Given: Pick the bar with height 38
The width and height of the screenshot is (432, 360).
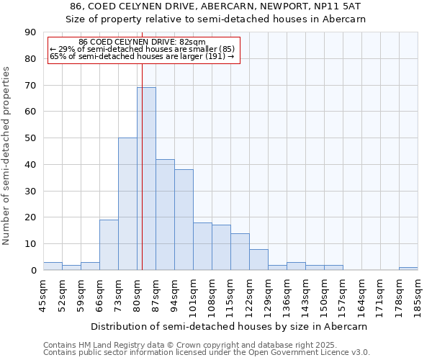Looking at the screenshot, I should pyautogui.click(x=184, y=220).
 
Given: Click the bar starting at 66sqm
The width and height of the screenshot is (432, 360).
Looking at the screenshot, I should pyautogui.click(x=109, y=245).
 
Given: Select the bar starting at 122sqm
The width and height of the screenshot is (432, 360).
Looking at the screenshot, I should pyautogui.click(x=258, y=259).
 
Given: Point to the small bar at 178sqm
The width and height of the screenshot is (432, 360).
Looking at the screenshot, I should pyautogui.click(x=408, y=269).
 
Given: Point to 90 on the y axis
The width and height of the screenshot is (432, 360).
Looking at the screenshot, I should pyautogui.click(x=30, y=32).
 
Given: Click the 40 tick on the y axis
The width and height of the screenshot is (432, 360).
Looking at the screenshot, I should pyautogui.click(x=30, y=165).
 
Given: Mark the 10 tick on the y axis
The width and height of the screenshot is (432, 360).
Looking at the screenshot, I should pyautogui.click(x=30, y=244).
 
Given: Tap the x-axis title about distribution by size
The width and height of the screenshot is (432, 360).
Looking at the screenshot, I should pyautogui.click(x=230, y=326).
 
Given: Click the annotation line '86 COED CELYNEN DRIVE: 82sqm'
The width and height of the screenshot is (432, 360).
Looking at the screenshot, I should pyautogui.click(x=142, y=42).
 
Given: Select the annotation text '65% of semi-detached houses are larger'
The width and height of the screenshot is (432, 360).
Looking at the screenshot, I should pyautogui.click(x=142, y=56).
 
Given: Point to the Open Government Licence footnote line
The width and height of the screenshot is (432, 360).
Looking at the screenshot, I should pyautogui.click(x=207, y=353).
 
